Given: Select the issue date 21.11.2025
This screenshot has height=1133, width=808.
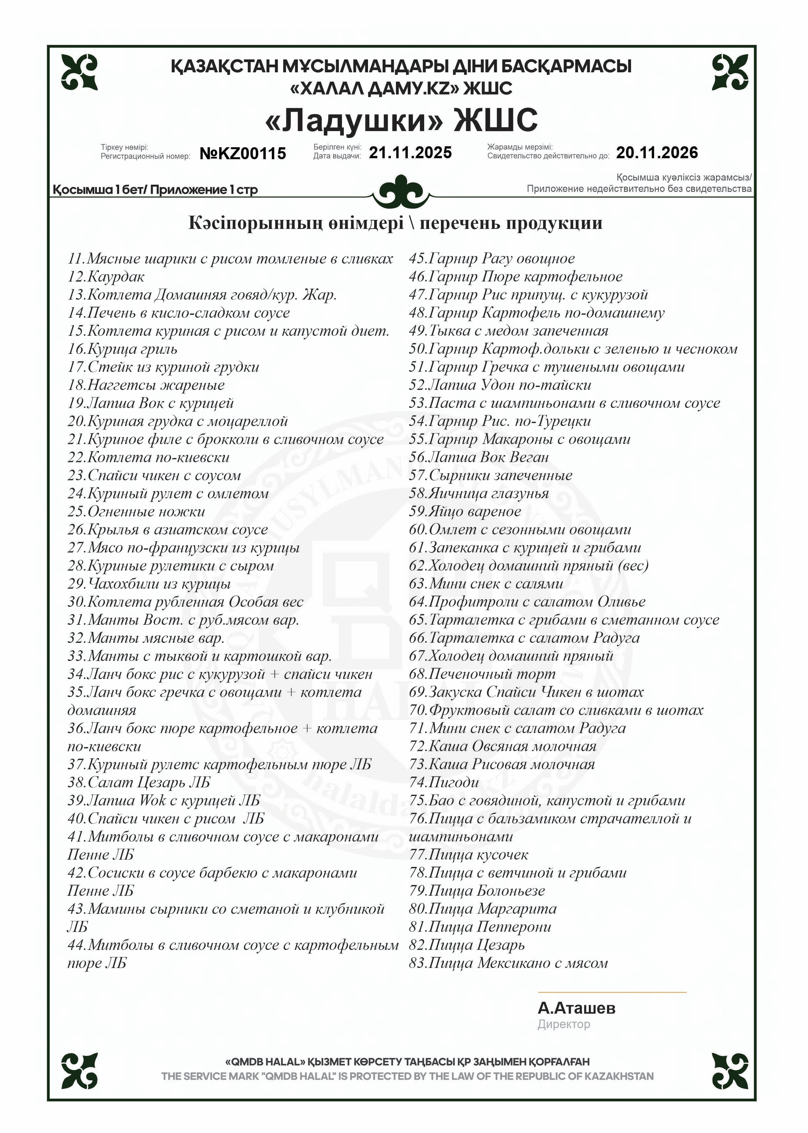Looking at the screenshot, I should tap(410, 153).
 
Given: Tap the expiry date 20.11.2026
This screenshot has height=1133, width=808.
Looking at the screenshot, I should tap(657, 153).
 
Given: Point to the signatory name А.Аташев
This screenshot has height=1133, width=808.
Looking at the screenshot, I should tap(577, 1008).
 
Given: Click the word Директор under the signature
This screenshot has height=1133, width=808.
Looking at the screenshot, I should tap(564, 1024).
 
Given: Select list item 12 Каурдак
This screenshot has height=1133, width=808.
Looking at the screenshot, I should tap(106, 277).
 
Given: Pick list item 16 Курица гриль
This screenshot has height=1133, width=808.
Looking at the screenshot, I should tap(122, 349).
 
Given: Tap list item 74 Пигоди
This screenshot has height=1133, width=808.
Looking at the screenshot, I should tap(444, 782).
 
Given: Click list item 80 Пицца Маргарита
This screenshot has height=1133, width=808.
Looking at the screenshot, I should tap(483, 909).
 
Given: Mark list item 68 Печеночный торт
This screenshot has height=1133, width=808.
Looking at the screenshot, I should tap(482, 674).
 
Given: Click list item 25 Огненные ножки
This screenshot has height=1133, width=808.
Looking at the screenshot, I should tap(136, 511).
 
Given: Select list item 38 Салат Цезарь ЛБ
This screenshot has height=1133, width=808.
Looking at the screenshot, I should tap(139, 782).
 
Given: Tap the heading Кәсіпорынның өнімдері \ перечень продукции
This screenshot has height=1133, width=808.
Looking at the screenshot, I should tap(395, 223).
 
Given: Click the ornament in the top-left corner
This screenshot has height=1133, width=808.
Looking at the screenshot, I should tap(80, 72).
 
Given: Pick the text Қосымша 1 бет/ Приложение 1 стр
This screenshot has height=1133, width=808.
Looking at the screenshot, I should tap(155, 190).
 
